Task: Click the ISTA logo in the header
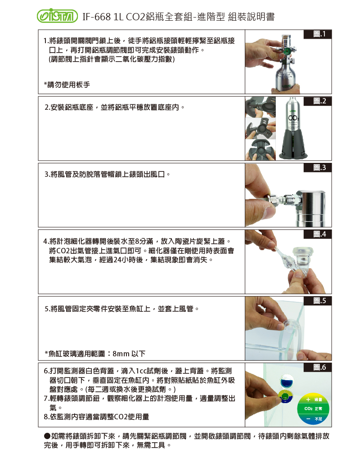point(57,16)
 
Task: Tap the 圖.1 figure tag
point(318,34)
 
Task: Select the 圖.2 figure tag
point(318,101)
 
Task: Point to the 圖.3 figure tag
point(318,168)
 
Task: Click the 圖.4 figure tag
point(318,234)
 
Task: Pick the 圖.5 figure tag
point(318,301)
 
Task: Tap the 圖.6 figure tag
point(318,368)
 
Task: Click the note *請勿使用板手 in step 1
point(67,85)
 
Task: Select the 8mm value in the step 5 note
point(121,354)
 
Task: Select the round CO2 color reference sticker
point(313,409)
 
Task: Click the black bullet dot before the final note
point(47,436)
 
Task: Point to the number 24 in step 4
point(117,260)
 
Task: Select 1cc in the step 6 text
point(141,371)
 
